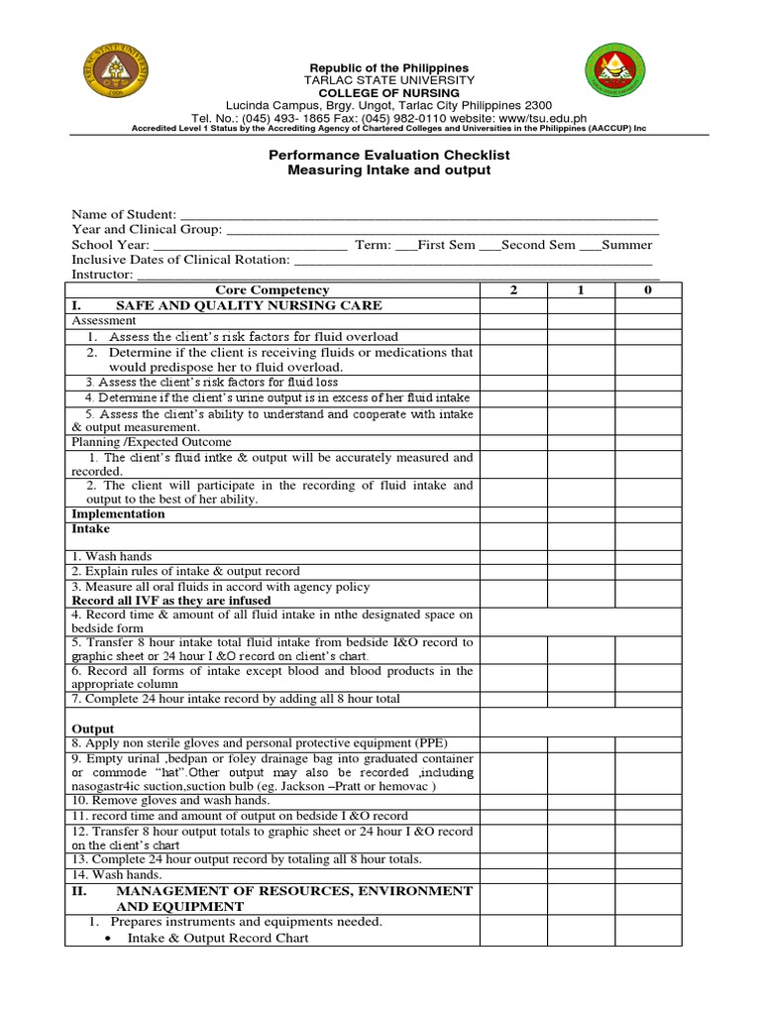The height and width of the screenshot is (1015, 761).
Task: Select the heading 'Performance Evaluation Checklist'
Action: pos(389,156)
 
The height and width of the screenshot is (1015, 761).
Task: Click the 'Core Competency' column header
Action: pos(272,289)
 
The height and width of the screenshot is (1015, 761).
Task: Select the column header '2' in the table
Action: pos(513,289)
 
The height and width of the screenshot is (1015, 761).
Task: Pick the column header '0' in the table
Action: pos(648,289)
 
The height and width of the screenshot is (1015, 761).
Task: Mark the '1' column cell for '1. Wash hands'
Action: pos(581,557)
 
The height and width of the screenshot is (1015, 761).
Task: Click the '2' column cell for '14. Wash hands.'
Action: pos(513,875)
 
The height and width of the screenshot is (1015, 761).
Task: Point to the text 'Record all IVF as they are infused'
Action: pos(170,601)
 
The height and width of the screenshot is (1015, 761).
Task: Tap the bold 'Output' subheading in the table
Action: pos(93,729)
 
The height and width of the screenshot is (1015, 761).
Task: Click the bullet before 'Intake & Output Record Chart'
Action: pos(106,938)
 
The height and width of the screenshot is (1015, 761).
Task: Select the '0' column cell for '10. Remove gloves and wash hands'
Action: pos(648,800)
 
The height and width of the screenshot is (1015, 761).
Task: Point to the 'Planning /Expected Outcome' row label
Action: pos(152,442)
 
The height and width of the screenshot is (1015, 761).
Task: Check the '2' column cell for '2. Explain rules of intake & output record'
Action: pos(513,572)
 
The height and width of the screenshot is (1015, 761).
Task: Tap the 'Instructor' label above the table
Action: pos(101,274)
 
